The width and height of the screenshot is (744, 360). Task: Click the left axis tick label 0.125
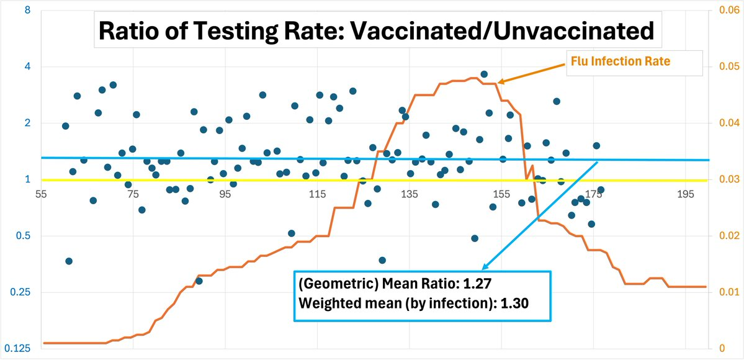pos(21,349)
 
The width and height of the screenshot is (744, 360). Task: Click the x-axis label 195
pos(686,195)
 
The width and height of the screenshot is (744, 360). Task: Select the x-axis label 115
pos(317,195)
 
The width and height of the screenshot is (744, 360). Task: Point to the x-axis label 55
pos(42,195)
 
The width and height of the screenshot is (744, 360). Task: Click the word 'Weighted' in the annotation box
pos(326,304)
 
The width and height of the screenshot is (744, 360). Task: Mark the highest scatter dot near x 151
pos(484,74)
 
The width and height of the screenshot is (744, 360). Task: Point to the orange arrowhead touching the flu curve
pos(500,81)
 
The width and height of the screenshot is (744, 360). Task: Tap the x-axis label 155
pos(501,195)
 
